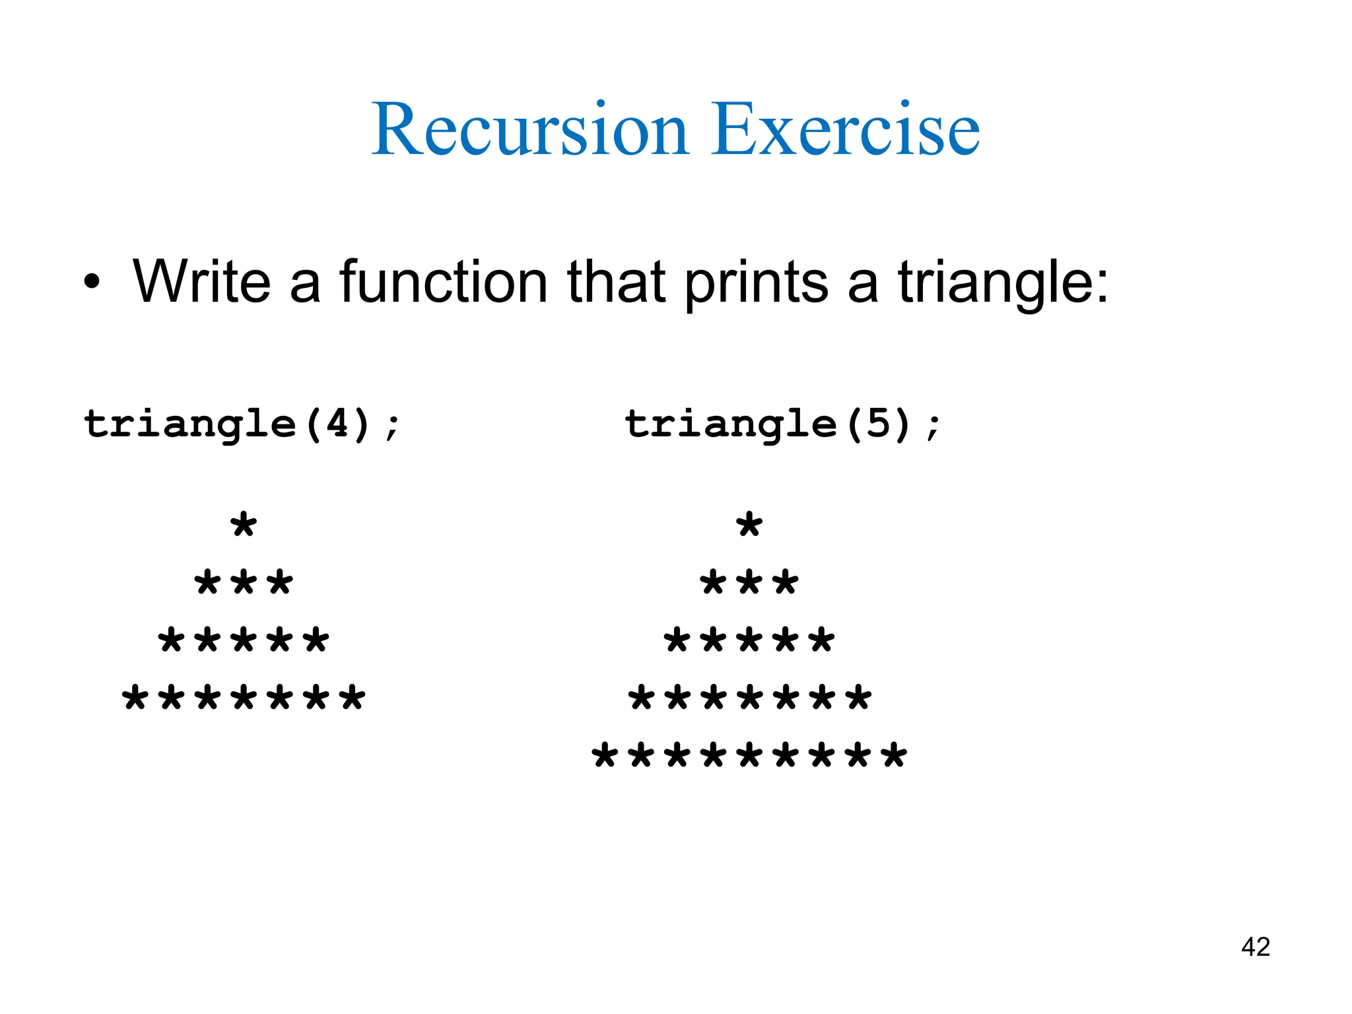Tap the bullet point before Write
tap(92, 283)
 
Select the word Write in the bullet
tap(202, 283)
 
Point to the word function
tap(443, 283)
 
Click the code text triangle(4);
tap(242, 424)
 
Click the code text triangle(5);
tap(782, 424)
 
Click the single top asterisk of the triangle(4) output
tap(244, 525)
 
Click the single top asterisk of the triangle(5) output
tap(749, 525)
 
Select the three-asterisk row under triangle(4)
tap(244, 583)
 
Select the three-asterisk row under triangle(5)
tap(749, 583)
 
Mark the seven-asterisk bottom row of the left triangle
tap(244, 698)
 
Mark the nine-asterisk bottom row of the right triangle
tap(749, 755)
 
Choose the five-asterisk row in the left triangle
tap(244, 640)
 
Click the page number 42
tap(1255, 947)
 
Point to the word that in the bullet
tap(616, 283)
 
